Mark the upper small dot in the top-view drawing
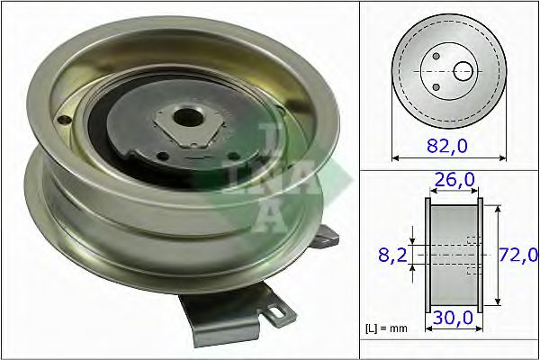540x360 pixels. coord(436,57)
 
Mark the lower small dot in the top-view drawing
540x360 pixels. coord(436,86)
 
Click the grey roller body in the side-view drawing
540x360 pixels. coord(453,255)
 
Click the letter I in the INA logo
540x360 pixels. coord(267,144)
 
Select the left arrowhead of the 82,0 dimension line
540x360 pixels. coord(397,157)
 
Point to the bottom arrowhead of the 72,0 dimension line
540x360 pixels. coord(497,306)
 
